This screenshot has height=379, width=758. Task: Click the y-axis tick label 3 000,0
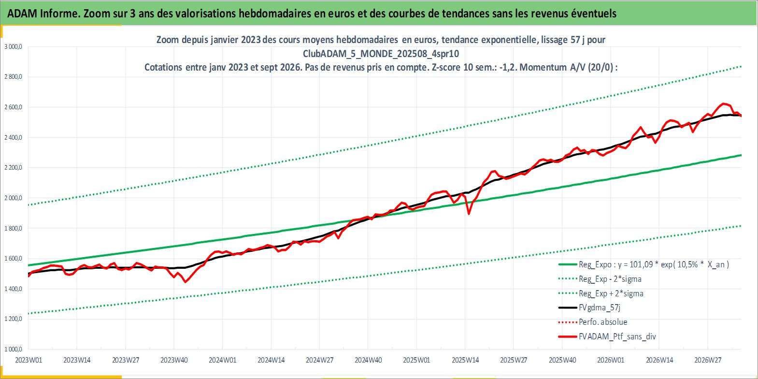(x=13, y=47)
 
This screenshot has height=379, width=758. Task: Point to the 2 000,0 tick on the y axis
(x=13, y=198)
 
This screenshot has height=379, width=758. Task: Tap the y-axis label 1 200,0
(x=13, y=319)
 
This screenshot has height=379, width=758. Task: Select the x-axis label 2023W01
(x=29, y=360)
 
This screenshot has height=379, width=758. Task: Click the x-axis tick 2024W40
(x=368, y=360)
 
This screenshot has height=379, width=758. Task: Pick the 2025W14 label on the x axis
(x=465, y=360)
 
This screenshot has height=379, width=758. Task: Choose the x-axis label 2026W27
(x=708, y=360)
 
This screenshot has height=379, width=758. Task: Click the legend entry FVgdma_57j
(x=599, y=307)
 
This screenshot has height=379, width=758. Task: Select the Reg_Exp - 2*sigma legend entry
(x=610, y=279)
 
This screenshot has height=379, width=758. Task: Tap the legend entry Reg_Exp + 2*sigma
(x=611, y=293)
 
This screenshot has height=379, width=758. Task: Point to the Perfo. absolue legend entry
(x=603, y=322)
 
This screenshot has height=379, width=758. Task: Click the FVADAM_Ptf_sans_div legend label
(x=617, y=336)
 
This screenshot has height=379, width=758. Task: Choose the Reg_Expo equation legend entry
(x=654, y=264)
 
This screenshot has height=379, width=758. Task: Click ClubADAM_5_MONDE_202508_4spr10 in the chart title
(x=381, y=54)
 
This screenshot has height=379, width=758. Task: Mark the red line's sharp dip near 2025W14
(x=469, y=214)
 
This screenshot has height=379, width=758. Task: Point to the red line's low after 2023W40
(x=185, y=282)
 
